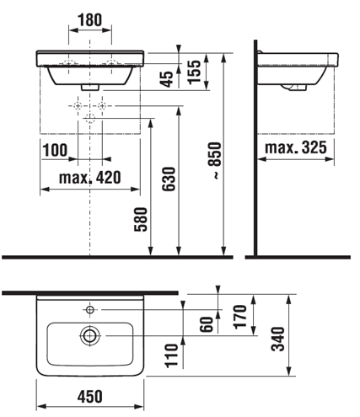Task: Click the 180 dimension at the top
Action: (x=90, y=20)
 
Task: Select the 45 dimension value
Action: (x=168, y=79)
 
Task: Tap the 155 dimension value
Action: (x=195, y=72)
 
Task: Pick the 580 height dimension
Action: (x=141, y=219)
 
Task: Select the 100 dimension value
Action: (x=55, y=150)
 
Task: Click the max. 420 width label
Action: (x=90, y=178)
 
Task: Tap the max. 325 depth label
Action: (x=296, y=147)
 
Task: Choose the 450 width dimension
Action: (x=90, y=396)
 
